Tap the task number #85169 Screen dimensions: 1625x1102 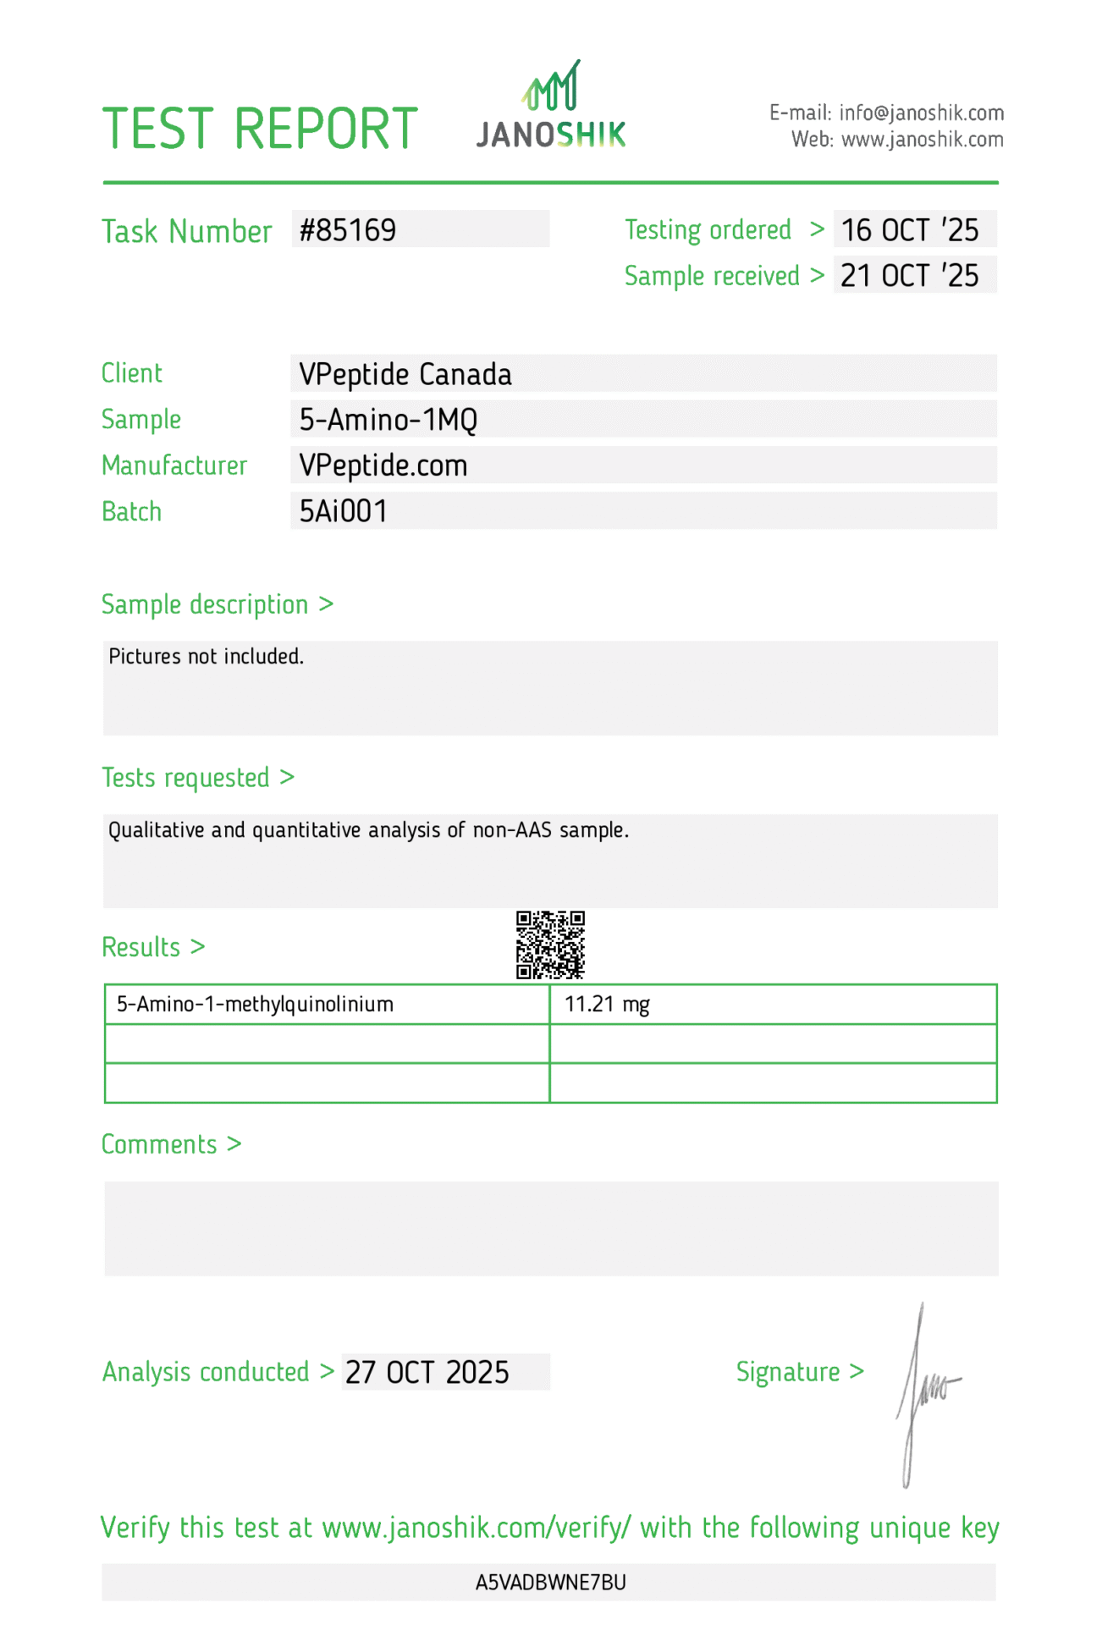pos(348,230)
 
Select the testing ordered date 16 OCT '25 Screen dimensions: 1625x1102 pos(910,230)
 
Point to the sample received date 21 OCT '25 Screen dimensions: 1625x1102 pos(910,276)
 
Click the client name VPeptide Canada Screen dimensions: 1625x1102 pos(405,374)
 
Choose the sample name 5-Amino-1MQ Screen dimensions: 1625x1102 pos(388,420)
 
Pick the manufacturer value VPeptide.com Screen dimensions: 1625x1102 pos(383,465)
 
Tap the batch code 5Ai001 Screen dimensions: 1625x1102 pos(344,511)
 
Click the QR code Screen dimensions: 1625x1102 pos(551,945)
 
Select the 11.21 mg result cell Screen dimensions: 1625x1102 pos(607,1005)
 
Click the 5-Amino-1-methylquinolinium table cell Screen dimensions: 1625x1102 pos(255,1005)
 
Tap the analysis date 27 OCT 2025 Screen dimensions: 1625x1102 pos(427,1372)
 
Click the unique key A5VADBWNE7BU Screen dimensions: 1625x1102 pos(551,1582)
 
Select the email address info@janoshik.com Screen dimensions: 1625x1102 pos(921,113)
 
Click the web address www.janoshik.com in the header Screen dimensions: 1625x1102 pos(923,140)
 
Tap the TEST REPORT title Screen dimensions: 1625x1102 pos(260,129)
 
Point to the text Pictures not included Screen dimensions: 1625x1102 pos(207,657)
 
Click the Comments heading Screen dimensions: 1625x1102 pos(159,1144)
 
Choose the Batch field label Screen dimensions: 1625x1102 pos(131,511)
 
